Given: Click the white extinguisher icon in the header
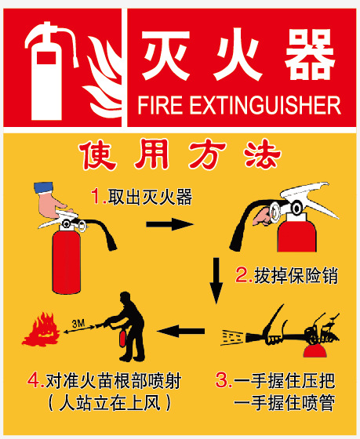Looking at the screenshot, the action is [46, 84].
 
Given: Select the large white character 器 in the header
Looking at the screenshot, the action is [310, 54].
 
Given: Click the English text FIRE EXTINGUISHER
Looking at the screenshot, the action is [239, 105].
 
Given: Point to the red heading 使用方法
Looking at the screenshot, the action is [180, 154].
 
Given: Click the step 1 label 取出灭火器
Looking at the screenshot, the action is [150, 197].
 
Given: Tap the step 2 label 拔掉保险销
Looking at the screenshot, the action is [296, 275].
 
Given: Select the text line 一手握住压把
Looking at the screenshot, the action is [284, 380].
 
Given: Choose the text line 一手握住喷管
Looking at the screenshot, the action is [284, 403].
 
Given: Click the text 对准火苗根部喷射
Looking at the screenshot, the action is [114, 381].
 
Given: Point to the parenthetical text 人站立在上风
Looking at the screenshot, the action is [110, 403].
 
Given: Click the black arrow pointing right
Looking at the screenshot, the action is [169, 224].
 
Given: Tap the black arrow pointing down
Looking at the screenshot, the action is [216, 281].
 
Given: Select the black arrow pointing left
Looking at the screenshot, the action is [180, 331].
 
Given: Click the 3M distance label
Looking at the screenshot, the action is [78, 324].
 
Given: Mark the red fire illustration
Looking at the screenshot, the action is [42, 329].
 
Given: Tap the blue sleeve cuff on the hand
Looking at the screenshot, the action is [43, 187].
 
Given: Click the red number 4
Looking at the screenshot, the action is [34, 381].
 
